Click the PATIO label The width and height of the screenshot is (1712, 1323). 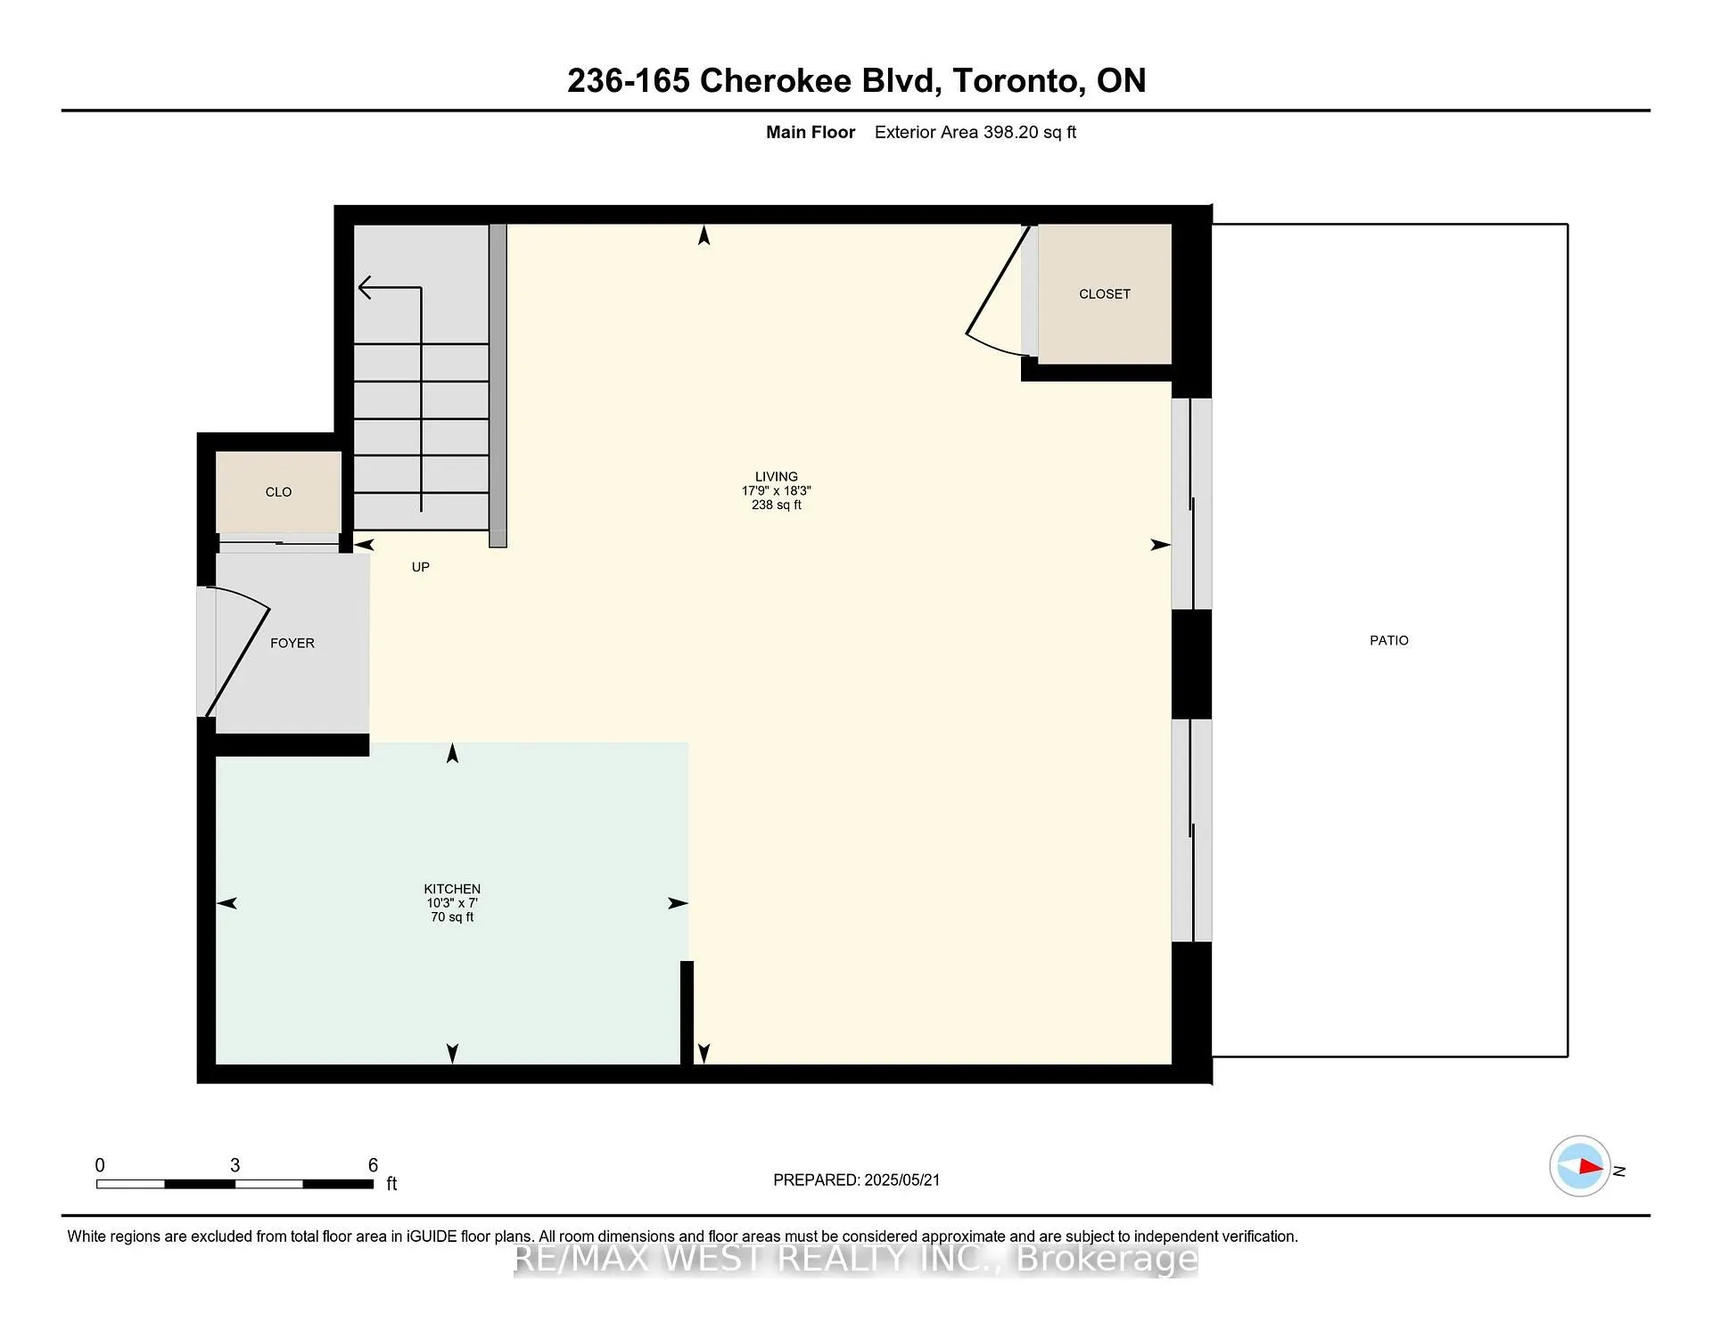pos(1388,640)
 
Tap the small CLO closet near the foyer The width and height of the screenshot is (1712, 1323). pos(278,492)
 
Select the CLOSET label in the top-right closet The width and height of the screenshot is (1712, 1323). pos(1104,294)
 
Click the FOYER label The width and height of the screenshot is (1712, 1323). pos(292,643)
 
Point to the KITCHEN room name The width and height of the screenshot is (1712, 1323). pos(452,889)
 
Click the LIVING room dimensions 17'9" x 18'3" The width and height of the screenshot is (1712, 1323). pos(776,491)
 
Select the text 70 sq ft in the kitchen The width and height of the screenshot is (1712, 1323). pos(452,916)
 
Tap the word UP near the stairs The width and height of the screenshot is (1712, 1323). pos(420,567)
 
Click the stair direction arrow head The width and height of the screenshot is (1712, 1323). pos(365,287)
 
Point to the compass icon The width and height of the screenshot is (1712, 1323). pos(1580,1166)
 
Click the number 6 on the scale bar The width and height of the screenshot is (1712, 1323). pos(373,1165)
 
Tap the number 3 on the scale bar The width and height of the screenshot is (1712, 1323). pos(235,1165)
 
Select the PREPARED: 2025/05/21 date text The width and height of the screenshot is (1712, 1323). pos(856,1179)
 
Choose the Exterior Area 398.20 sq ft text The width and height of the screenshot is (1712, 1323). pos(975,133)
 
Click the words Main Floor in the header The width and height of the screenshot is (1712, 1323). pos(810,133)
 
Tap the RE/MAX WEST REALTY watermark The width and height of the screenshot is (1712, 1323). pos(856,1259)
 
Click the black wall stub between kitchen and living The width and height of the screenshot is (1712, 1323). pos(687,1012)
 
